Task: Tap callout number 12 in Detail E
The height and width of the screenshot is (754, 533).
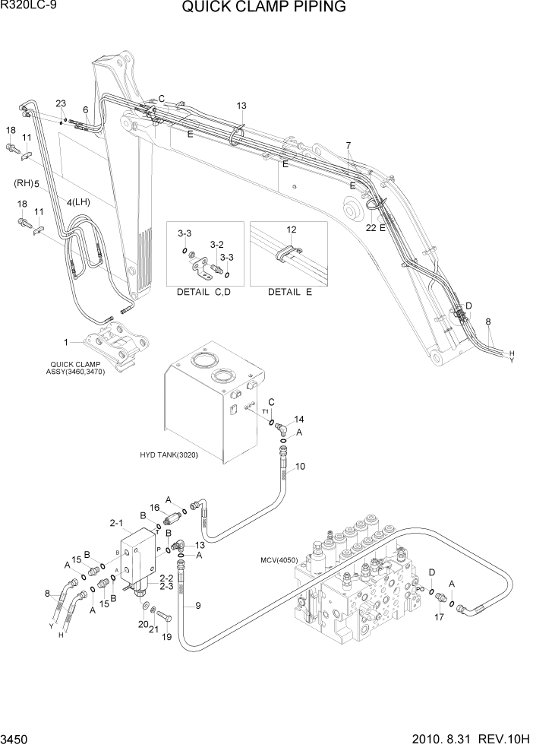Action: [290, 228]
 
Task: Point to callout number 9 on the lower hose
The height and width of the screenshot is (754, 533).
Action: [198, 606]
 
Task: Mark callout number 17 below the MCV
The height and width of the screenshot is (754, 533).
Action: [439, 617]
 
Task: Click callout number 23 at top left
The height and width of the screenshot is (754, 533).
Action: [61, 104]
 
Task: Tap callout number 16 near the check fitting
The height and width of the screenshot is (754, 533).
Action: [154, 508]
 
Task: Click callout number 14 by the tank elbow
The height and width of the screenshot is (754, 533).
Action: [299, 419]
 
